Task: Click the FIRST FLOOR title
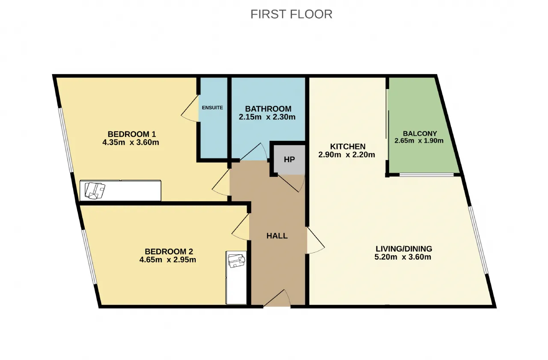pyautogui.click(x=292, y=14)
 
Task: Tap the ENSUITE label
pyautogui.click(x=212, y=107)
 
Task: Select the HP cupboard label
pyautogui.click(x=289, y=160)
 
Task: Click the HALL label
pyautogui.click(x=277, y=236)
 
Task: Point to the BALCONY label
pyautogui.click(x=420, y=134)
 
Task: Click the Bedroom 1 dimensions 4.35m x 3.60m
pyautogui.click(x=131, y=143)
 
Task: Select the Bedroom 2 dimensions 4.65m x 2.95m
pyautogui.click(x=167, y=259)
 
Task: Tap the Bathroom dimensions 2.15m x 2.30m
pyautogui.click(x=267, y=117)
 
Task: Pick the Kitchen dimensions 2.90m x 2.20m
pyautogui.click(x=347, y=155)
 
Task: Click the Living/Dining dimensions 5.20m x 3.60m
pyautogui.click(x=403, y=257)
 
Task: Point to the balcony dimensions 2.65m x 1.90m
pyautogui.click(x=419, y=141)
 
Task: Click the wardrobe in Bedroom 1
pyautogui.click(x=120, y=190)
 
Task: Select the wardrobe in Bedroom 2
pyautogui.click(x=236, y=277)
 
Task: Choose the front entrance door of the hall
pyautogui.click(x=277, y=298)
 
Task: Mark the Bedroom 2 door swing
pyautogui.click(x=241, y=227)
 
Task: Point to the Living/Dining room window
pyautogui.click(x=479, y=240)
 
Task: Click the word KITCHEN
pyautogui.click(x=348, y=146)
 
